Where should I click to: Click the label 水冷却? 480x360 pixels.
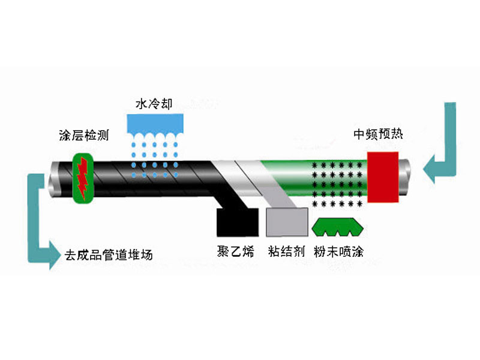[154, 105]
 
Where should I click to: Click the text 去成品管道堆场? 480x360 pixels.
[109, 254]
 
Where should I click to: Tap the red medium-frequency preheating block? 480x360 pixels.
[384, 177]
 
